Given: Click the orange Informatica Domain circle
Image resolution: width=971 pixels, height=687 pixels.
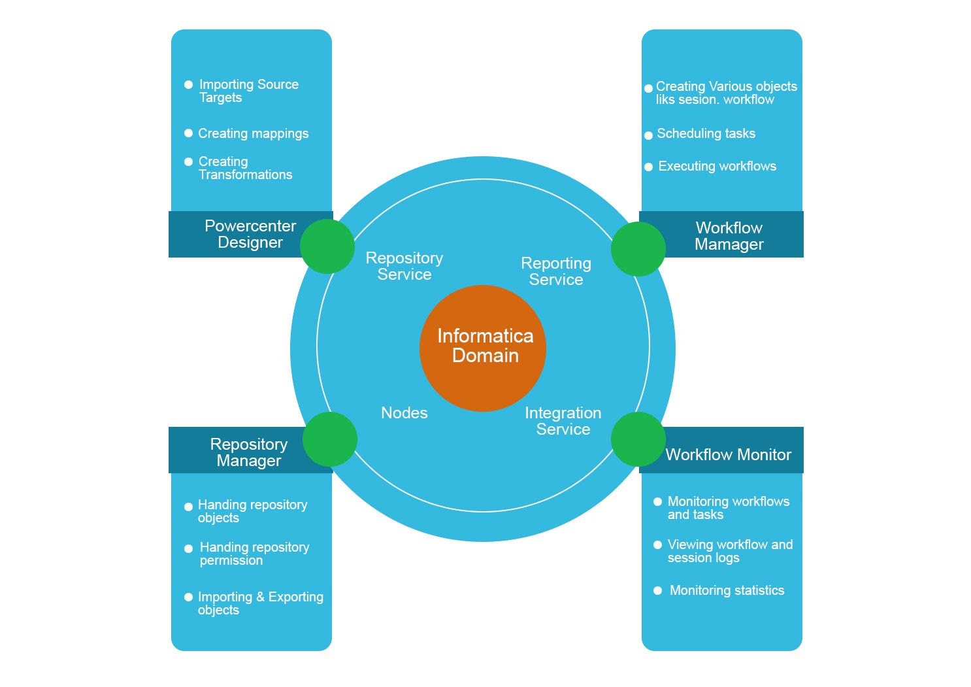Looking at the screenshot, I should [x=482, y=348].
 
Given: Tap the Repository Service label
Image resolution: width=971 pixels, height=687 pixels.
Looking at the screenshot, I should [x=404, y=266].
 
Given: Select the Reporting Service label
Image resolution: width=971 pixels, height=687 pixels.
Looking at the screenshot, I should [x=555, y=271].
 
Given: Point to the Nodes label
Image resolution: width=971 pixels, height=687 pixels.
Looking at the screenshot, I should [x=404, y=413].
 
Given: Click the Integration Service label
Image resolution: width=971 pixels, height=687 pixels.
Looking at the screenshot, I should [x=563, y=421].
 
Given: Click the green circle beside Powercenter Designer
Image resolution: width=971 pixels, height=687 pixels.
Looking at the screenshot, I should [x=327, y=246].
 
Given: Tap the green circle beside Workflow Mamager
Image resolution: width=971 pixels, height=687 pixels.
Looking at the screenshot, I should [x=638, y=249].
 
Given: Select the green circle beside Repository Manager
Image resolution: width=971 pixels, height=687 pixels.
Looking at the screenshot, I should [x=330, y=439].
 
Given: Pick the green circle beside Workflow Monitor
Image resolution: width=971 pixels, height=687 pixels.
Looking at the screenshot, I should [x=638, y=439].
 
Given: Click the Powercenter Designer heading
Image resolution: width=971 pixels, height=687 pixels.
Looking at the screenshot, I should [x=250, y=234].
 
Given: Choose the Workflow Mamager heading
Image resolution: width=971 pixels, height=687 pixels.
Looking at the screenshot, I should [x=729, y=236].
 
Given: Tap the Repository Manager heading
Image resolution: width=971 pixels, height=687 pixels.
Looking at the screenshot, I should [x=248, y=452].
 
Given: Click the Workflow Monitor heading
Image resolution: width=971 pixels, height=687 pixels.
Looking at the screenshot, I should [x=728, y=455].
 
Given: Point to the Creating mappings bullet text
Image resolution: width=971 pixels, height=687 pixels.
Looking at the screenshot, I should [x=253, y=133].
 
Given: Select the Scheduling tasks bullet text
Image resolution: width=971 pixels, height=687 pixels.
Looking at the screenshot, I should [x=706, y=133].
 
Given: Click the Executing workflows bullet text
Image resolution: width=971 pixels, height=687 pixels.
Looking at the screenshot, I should [x=717, y=166].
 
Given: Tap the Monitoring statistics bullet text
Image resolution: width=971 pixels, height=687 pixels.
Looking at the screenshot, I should [x=727, y=590].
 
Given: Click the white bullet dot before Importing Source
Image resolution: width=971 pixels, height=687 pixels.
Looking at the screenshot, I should [x=189, y=84].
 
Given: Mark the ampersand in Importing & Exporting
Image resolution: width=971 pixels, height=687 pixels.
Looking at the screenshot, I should [x=260, y=597].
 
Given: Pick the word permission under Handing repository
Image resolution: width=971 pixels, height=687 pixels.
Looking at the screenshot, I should [x=231, y=561].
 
